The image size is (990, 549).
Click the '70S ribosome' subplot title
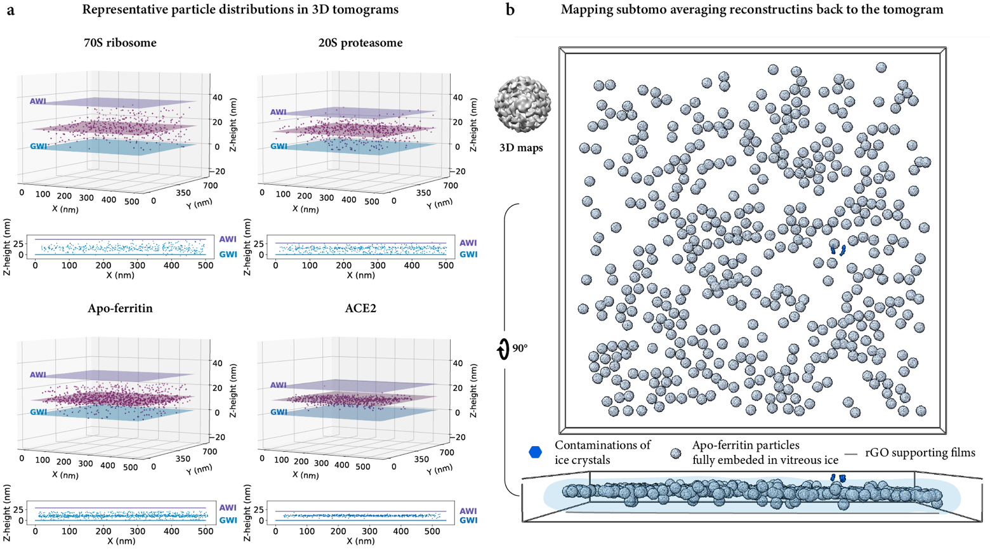coord(120,43)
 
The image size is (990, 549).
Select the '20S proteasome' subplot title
coord(360,43)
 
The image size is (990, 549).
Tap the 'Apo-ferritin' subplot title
coord(120,309)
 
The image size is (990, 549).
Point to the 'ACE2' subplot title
coord(360,309)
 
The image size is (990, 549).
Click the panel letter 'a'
coord(11,10)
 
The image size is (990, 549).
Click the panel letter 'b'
coord(510,10)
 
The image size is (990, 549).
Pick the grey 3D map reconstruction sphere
coord(523,104)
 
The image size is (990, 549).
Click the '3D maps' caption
coord(521,148)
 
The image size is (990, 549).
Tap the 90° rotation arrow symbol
coord(504,348)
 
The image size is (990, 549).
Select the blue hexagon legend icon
coord(536,452)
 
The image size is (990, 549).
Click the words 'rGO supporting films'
coord(920,453)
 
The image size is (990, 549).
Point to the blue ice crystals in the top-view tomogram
coord(838,248)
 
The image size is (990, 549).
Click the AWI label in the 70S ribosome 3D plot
coord(37,102)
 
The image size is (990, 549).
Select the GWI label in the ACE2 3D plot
coord(279,413)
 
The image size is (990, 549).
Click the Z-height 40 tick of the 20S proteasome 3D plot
coord(457,98)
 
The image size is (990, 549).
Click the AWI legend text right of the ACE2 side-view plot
coord(468,511)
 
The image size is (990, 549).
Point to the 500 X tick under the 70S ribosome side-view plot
coord(205,265)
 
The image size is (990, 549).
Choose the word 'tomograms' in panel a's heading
coord(369,10)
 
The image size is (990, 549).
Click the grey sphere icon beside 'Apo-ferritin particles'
coord(676,453)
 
